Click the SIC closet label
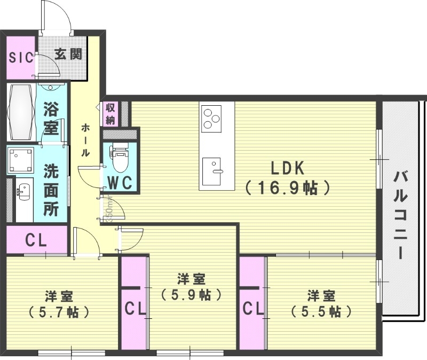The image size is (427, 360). coord(21,57)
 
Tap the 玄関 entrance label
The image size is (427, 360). coord(68,54)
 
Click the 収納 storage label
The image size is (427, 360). coord(110,114)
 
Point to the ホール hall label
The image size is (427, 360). coord(85,140)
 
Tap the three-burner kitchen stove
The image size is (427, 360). coord(211,118)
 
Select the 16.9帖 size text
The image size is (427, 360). coord(287,188)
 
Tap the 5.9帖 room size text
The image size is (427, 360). coord(191,294)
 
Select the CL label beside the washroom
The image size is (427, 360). coord(36,240)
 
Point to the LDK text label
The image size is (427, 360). coord(287,169)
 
